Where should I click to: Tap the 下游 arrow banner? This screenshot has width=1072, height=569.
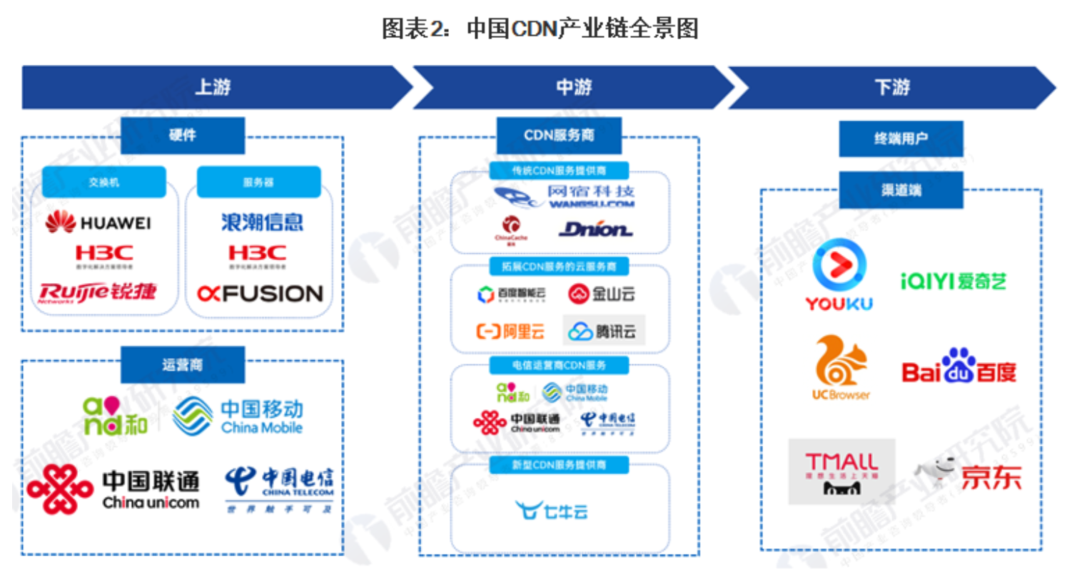891,88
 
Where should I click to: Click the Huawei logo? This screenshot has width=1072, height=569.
98,223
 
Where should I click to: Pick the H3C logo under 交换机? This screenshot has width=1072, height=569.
103,255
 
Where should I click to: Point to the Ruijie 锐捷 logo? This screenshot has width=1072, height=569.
98,292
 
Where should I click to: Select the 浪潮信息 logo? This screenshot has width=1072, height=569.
261,222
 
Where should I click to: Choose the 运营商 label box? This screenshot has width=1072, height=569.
183,365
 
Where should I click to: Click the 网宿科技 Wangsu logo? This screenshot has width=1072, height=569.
564,196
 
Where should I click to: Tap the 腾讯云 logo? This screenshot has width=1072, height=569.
603,330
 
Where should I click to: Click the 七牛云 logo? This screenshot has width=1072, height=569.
551,510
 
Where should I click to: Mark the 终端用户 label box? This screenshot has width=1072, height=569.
901,138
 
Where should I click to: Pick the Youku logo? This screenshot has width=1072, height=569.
839,275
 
